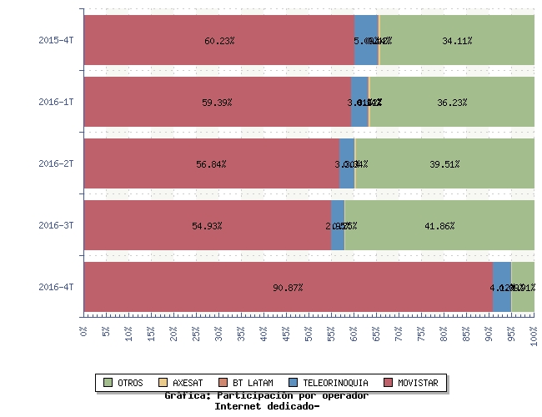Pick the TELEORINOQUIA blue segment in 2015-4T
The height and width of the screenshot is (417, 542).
366,39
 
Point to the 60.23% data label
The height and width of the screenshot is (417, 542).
218,40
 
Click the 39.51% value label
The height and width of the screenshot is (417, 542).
444,164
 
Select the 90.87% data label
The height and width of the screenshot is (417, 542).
288,288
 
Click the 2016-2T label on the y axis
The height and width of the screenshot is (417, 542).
57,164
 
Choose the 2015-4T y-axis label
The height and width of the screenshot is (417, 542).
57,40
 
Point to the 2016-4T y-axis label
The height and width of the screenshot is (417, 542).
57,288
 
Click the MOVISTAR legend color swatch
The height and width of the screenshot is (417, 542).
388,383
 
